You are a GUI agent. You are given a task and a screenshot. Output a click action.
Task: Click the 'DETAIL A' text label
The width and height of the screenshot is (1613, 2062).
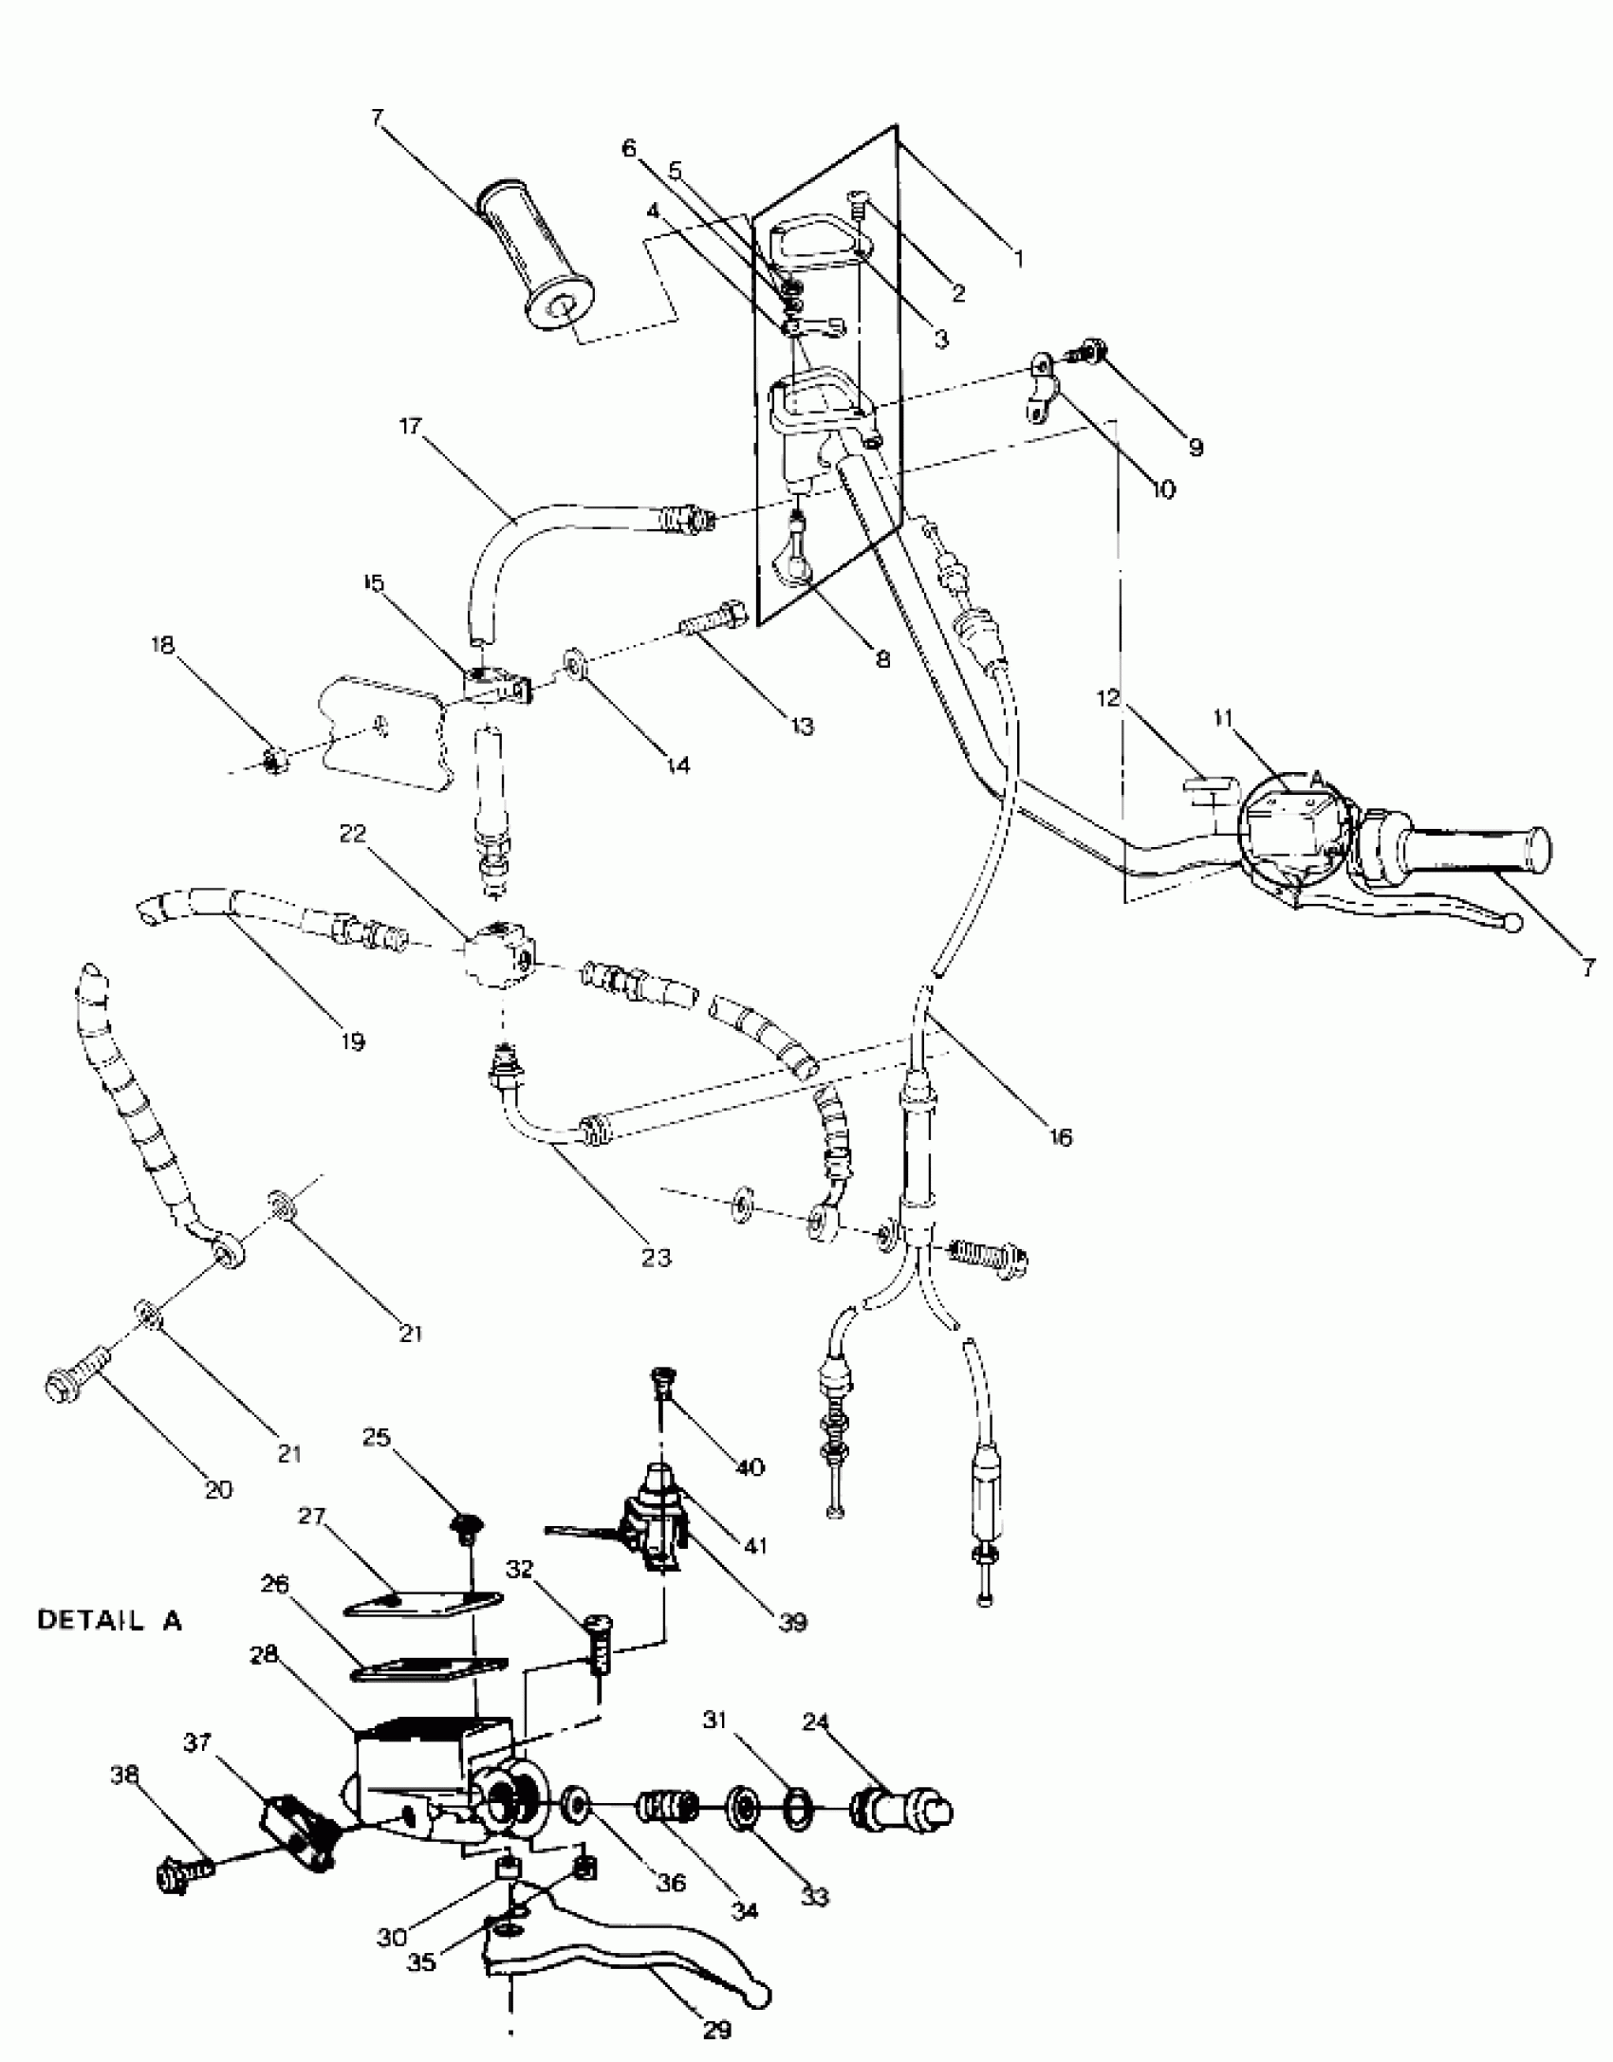pyautogui.click(x=109, y=1620)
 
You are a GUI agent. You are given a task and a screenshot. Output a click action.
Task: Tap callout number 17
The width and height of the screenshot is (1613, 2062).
pyautogui.click(x=410, y=428)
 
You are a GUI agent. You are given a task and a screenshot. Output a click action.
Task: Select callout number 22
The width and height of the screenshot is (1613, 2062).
pyautogui.click(x=353, y=834)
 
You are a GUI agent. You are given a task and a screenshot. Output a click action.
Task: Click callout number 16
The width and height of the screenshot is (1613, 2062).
pyautogui.click(x=1062, y=1136)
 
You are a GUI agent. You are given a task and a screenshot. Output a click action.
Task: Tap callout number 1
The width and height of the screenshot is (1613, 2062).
pyautogui.click(x=1019, y=258)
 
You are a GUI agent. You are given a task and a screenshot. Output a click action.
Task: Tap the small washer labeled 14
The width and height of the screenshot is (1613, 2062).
pyautogui.click(x=574, y=663)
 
